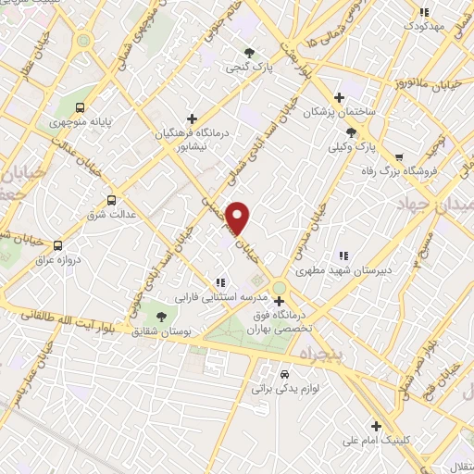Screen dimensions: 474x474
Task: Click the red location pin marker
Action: (x=239, y=218)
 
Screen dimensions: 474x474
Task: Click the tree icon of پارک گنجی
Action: (x=248, y=52)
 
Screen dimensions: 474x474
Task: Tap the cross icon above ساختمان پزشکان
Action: (x=340, y=97)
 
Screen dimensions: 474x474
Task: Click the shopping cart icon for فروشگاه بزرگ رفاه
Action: (x=399, y=157)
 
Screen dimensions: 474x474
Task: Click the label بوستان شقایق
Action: (x=161, y=331)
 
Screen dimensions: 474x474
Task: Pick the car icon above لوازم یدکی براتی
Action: (x=282, y=374)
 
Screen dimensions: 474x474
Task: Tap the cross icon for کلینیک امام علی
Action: (x=375, y=426)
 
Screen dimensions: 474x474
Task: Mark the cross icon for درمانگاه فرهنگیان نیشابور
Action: (x=191, y=118)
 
